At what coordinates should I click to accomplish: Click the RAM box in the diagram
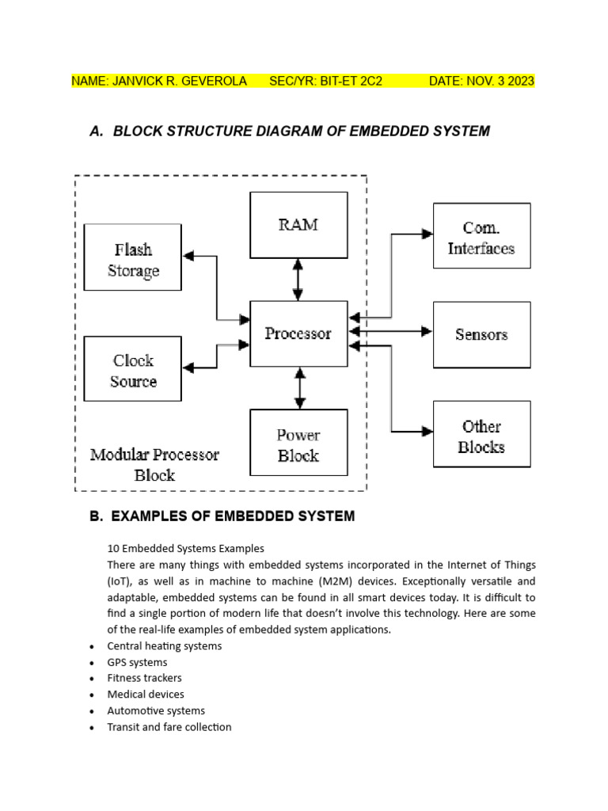(298, 225)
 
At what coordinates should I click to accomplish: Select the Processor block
(298, 333)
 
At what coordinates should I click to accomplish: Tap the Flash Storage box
(133, 257)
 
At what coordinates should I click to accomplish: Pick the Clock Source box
(133, 369)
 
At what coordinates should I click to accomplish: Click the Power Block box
(298, 442)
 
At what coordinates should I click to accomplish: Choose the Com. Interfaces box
(482, 236)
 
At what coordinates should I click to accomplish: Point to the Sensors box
(482, 335)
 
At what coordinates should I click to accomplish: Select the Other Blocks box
(482, 434)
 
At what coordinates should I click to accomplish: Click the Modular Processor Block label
(154, 464)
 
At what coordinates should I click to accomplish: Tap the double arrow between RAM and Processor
(298, 280)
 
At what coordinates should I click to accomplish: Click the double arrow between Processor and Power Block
(300, 388)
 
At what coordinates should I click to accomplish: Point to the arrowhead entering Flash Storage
(188, 256)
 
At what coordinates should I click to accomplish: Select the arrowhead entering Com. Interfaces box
(427, 234)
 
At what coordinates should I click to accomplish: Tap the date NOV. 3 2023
(500, 82)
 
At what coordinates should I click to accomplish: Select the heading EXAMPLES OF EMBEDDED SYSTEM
(234, 516)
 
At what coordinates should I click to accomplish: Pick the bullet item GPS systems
(137, 663)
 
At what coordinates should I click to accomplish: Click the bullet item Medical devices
(146, 694)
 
